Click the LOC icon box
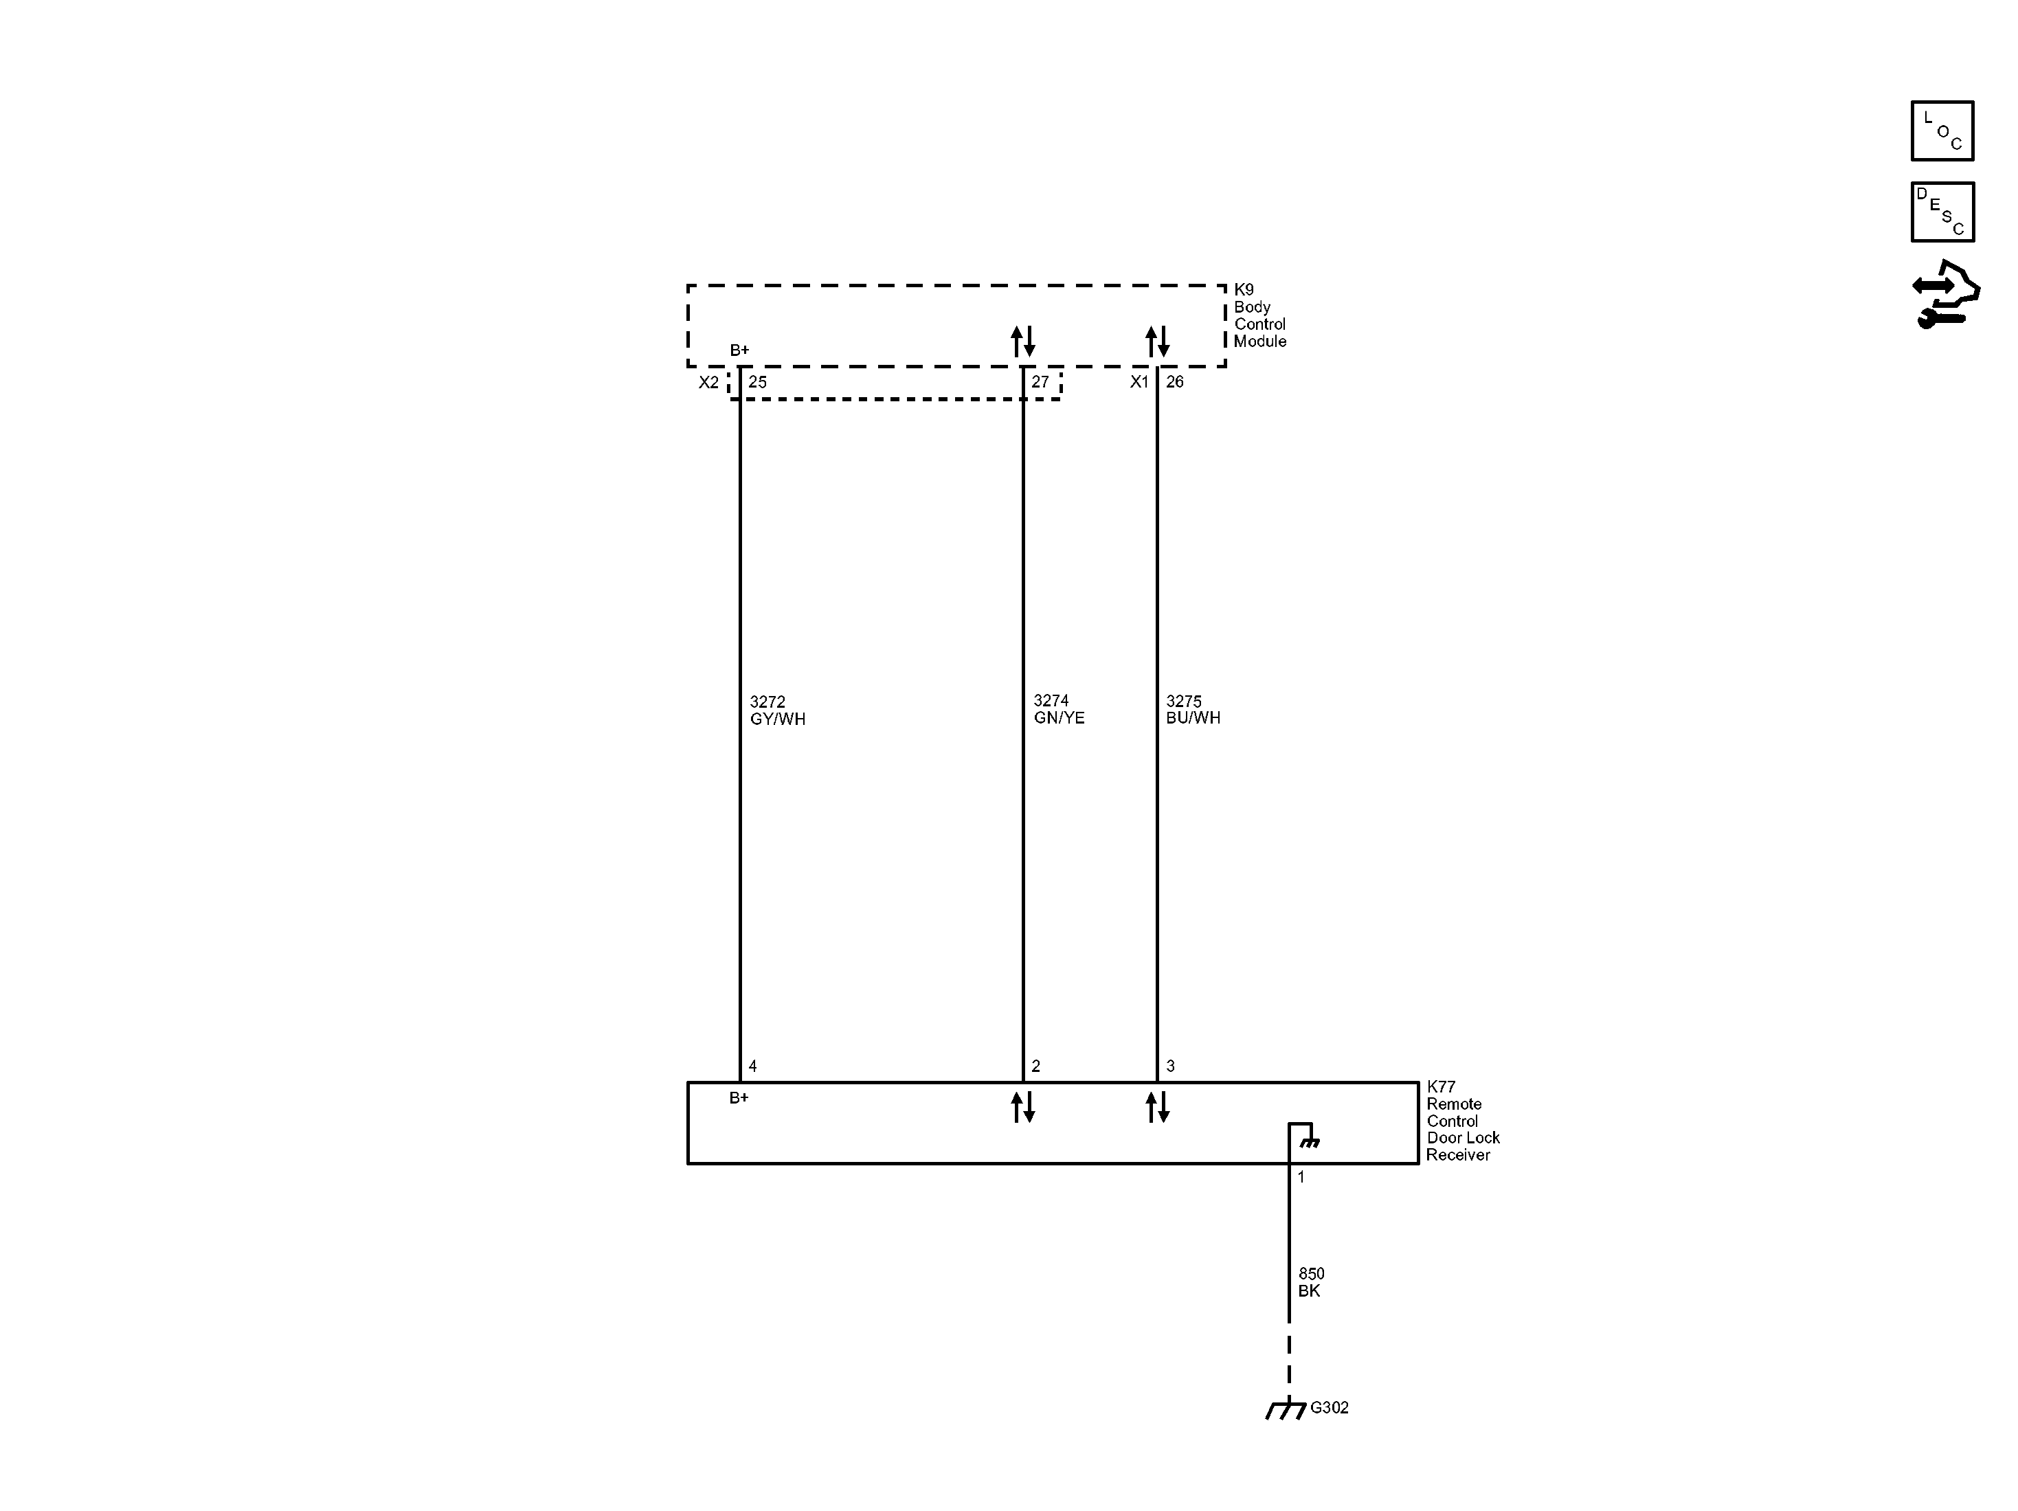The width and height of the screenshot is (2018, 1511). pos(1942,131)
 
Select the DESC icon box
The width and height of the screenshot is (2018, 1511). pos(1942,212)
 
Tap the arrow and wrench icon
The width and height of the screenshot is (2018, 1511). pos(1946,295)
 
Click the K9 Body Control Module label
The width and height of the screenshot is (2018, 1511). pos(1260,315)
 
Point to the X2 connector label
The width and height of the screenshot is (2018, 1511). pos(709,382)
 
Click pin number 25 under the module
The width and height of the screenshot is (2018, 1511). pos(757,382)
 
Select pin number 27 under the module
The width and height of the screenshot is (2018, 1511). pos(1040,382)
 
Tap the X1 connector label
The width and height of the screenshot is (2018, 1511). pos(1139,381)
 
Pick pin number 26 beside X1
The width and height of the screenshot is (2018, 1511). pos(1174,381)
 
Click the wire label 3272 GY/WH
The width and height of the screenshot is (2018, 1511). pos(777,710)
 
